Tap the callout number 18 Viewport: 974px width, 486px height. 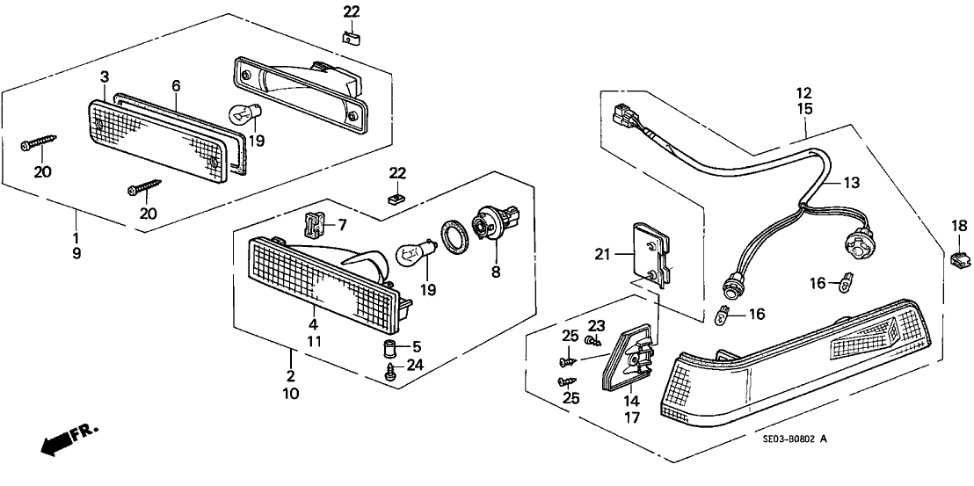click(960, 227)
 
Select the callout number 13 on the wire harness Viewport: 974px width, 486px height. click(851, 183)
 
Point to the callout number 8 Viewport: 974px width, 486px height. click(496, 272)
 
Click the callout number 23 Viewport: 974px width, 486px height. click(596, 325)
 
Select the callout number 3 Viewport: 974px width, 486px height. click(105, 77)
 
